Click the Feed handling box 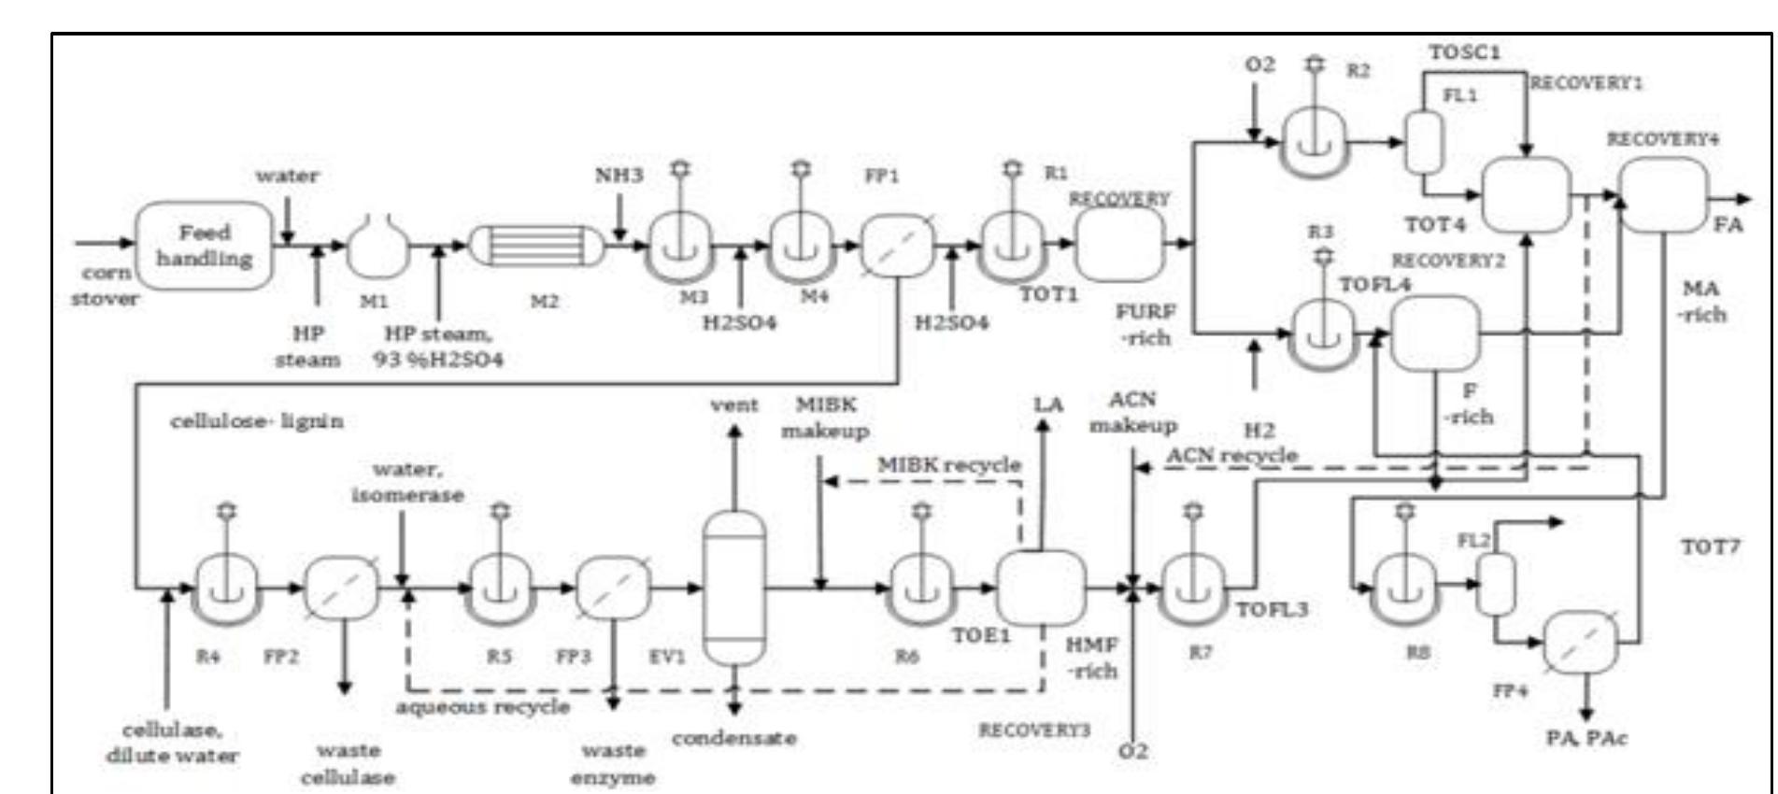[205, 245]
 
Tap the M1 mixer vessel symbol [377, 247]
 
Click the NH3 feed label [619, 175]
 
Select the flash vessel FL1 [1425, 142]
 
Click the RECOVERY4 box [1662, 194]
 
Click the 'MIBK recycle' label [948, 464]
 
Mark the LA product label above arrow [1047, 404]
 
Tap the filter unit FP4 [1580, 643]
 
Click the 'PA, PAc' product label [1586, 738]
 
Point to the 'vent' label [733, 404]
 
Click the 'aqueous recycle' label [482, 706]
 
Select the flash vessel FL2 [1495, 584]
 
